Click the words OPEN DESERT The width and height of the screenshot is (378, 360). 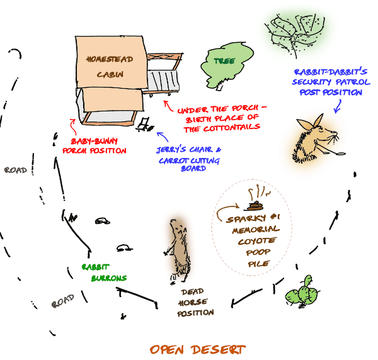point(197,349)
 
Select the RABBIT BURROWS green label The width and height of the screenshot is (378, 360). point(104,272)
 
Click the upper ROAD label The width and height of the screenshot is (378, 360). point(15,170)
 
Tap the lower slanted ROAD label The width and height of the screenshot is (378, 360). point(62,302)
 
